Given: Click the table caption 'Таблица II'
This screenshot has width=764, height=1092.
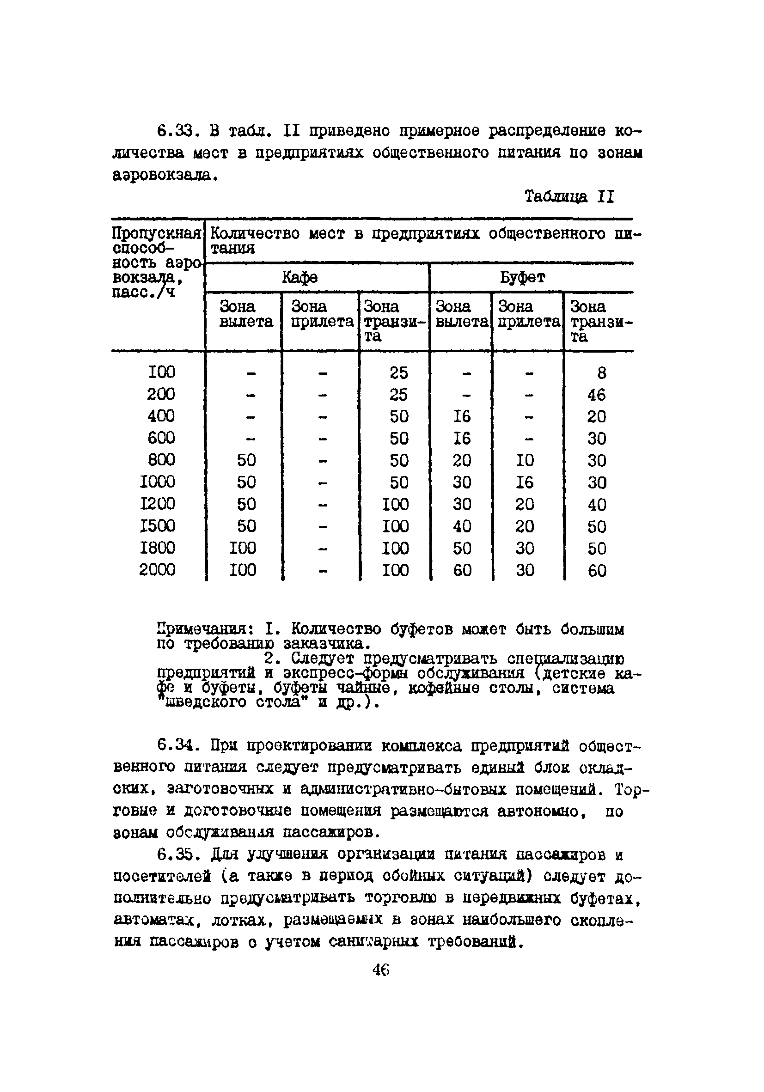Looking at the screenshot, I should (569, 196).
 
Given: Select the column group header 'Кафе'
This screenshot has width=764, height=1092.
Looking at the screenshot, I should (299, 277).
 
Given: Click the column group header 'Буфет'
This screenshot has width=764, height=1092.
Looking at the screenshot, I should (523, 277).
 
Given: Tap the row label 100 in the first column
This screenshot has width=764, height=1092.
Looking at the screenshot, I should (161, 372).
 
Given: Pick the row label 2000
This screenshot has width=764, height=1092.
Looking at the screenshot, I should (157, 570).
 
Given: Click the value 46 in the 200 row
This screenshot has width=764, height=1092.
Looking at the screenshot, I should (597, 395).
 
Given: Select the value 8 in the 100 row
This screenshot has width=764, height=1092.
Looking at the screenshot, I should (601, 373).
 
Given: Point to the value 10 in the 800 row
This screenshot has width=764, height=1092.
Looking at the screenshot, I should (525, 460).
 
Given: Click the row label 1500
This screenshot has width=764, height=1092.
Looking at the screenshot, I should (158, 526).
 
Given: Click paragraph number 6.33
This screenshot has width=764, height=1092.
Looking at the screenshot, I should (174, 130).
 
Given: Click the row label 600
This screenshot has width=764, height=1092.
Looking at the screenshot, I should (161, 438).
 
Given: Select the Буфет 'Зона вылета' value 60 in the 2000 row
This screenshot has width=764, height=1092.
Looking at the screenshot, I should (462, 570).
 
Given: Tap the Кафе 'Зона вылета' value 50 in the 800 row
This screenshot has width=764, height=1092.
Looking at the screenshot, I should (246, 460).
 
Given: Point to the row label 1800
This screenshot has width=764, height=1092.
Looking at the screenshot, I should (158, 548).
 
